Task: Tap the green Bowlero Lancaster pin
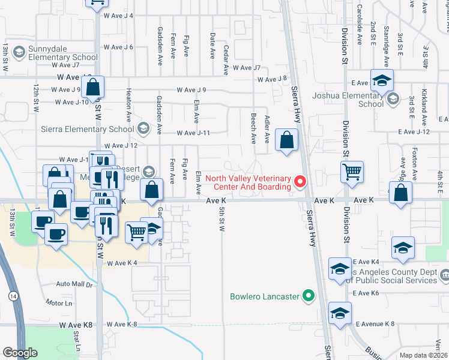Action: (x=309, y=295)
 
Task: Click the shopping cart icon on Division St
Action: (x=352, y=172)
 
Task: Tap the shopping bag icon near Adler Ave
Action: (x=288, y=140)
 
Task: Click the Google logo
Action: (x=20, y=353)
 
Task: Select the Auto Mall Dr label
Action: (x=74, y=284)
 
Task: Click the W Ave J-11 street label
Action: (x=193, y=133)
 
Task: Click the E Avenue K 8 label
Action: (x=375, y=324)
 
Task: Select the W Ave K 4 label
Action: (x=123, y=263)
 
